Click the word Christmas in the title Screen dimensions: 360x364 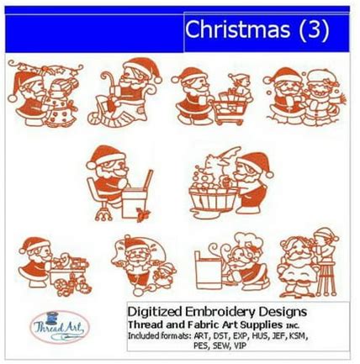point(237,29)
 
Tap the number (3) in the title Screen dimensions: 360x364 point(314,29)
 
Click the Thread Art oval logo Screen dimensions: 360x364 point(59,327)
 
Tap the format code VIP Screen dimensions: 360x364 point(241,346)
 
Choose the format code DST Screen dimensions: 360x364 point(221,335)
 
